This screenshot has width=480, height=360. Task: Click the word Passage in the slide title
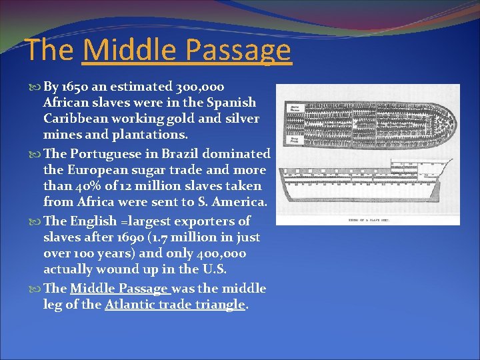click(239, 51)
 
